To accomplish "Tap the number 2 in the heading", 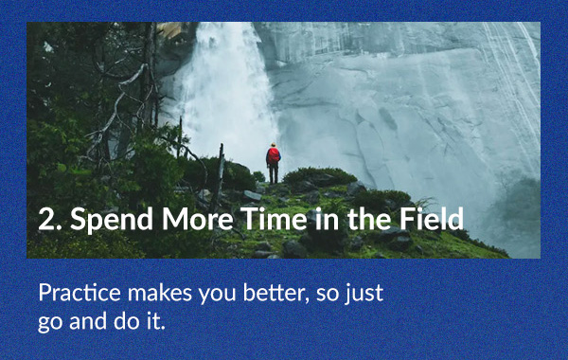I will (x=45, y=221).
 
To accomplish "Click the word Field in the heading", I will (x=433, y=221).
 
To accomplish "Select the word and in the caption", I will (x=84, y=319).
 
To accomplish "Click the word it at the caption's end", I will (x=152, y=319).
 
